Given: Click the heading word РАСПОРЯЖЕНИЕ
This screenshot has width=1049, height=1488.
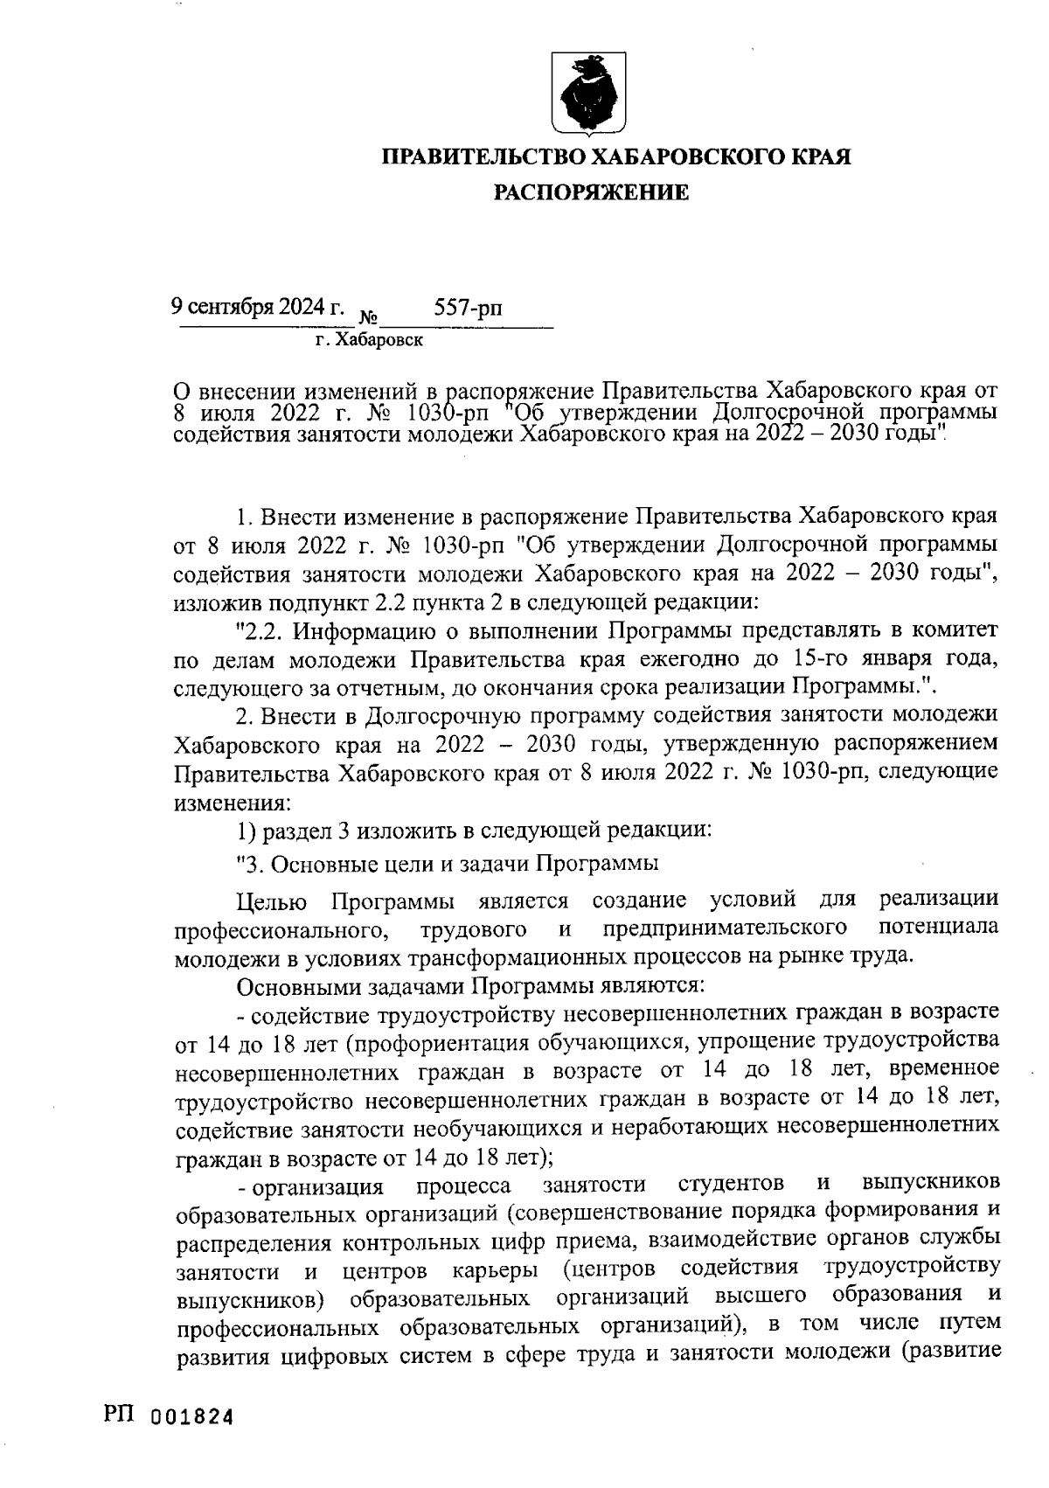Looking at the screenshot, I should [592, 192].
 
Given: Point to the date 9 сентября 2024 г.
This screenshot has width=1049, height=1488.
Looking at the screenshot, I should [257, 308].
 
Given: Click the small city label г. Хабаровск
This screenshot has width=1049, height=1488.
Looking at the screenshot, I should [368, 340].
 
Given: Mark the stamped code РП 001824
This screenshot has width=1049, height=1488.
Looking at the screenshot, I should [165, 1415].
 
